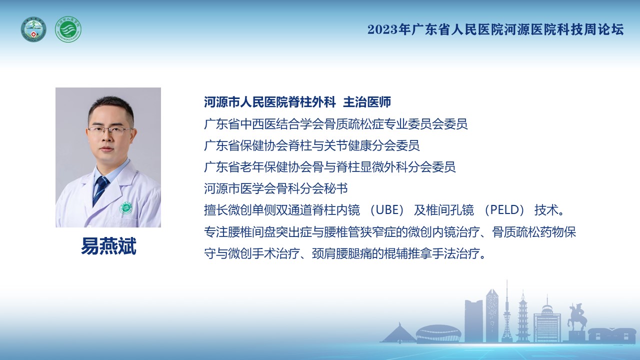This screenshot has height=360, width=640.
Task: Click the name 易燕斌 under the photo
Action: (x=108, y=246)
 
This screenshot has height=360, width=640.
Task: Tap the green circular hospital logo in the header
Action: (x=68, y=29)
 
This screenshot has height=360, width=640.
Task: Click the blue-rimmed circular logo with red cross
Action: (x=33, y=29)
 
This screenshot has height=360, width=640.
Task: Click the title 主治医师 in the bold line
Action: (x=367, y=102)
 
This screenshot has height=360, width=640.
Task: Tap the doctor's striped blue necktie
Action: (x=100, y=190)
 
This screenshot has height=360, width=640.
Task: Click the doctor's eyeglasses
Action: (x=109, y=131)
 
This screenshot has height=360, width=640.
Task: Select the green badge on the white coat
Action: (x=125, y=208)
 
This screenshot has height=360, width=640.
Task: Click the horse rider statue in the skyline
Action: (x=576, y=317)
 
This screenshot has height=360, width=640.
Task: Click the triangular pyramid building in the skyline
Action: (x=399, y=333)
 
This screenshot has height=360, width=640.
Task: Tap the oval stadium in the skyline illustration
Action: (x=438, y=333)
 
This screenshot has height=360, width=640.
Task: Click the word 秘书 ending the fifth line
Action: (x=336, y=188)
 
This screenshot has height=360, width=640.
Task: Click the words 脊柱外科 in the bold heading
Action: (x=312, y=102)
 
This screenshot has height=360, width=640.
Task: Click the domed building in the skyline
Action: (x=547, y=323)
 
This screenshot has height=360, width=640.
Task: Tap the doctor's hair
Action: (x=111, y=105)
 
